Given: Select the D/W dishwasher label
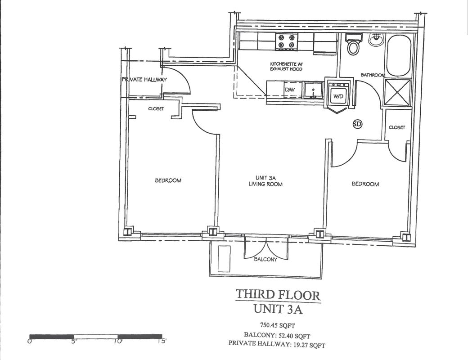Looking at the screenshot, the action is click(289, 90).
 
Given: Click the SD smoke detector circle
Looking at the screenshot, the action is click(357, 124).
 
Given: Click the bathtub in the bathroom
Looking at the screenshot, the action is click(398, 55).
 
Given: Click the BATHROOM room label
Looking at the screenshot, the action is click(373, 75).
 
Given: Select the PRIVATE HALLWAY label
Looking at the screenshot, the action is click(144, 80).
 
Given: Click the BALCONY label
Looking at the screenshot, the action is click(265, 259).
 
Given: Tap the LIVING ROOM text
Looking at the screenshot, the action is click(265, 184).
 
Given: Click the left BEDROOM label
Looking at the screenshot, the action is click(168, 180).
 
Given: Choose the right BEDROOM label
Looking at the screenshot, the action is click(365, 184).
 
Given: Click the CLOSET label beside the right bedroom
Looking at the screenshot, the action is click(397, 127).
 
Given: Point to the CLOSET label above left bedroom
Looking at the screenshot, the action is click(156, 108).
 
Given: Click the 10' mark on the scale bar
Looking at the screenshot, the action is click(118, 341).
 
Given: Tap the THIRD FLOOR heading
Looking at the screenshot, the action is click(278, 295).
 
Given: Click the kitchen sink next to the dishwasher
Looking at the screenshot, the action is click(313, 90).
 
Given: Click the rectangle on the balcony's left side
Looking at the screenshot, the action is click(224, 258).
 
